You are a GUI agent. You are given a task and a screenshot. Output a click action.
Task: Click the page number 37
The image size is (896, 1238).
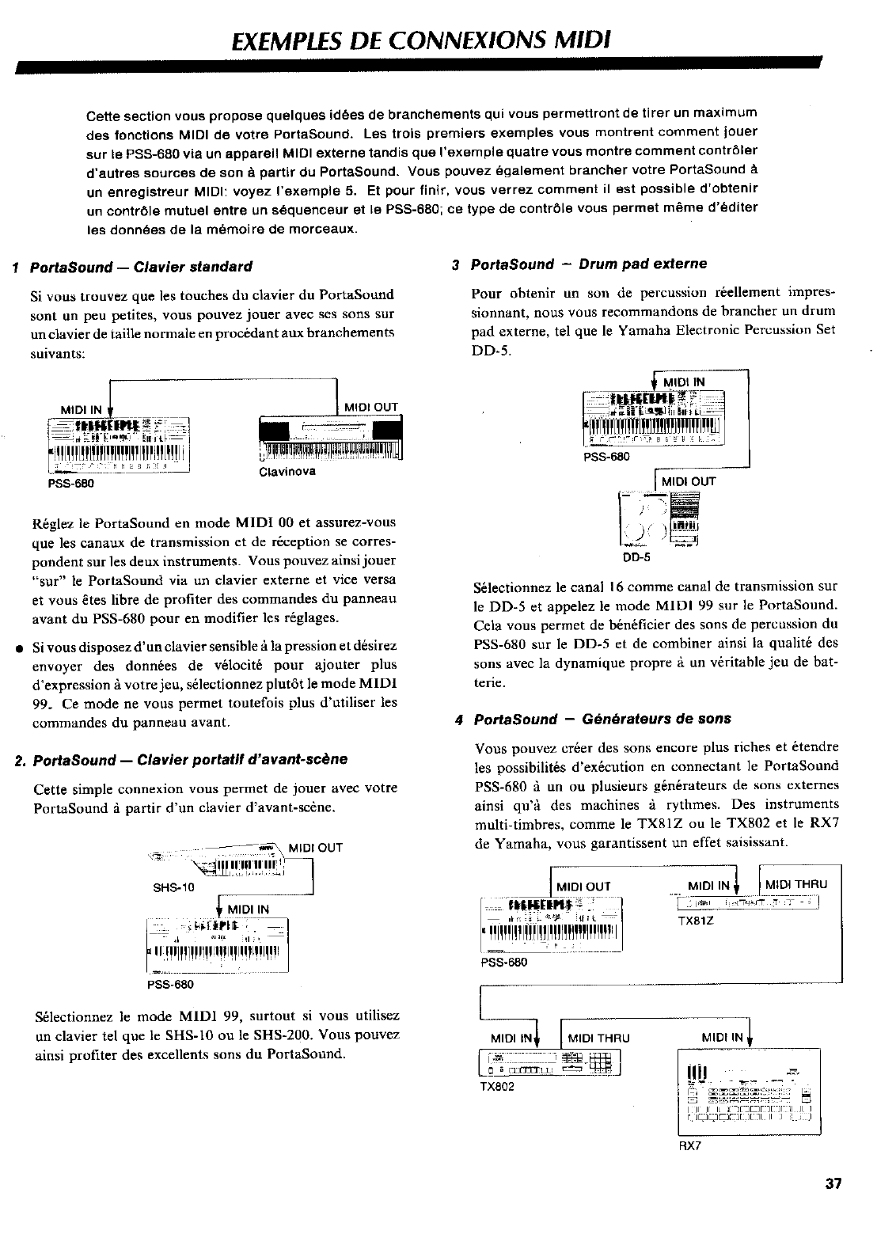point(833,1206)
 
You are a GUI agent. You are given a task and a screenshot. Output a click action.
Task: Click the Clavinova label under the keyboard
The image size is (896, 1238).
point(287,472)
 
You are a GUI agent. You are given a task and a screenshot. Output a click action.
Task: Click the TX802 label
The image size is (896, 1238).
point(498,1087)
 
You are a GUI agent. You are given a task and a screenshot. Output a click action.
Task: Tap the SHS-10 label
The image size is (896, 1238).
point(173,887)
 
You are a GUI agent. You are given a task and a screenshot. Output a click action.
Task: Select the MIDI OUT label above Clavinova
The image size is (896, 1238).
point(371,408)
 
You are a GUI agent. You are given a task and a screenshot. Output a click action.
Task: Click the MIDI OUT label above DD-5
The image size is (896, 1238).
point(689,481)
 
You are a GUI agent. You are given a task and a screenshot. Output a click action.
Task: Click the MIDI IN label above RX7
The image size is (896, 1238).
point(723,1038)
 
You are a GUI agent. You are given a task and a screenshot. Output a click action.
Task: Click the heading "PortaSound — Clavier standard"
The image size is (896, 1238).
point(141,266)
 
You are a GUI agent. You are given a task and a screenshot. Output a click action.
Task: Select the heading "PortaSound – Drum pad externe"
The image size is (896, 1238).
point(588,264)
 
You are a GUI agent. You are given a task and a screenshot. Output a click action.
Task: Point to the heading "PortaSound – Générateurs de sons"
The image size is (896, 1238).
point(602,719)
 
